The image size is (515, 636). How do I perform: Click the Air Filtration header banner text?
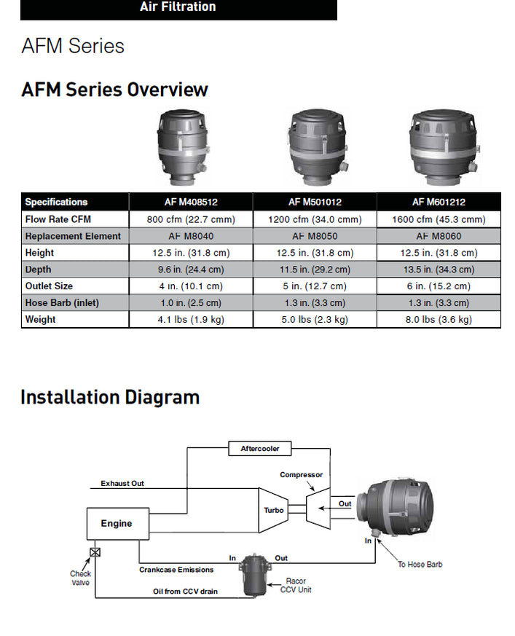click(x=178, y=7)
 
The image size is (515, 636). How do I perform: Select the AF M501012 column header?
click(x=315, y=202)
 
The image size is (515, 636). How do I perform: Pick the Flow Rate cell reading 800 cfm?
click(x=191, y=219)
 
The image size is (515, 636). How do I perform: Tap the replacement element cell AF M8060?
click(x=439, y=236)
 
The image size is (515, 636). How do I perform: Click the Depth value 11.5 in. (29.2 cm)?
click(x=315, y=270)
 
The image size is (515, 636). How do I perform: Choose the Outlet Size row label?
click(x=49, y=286)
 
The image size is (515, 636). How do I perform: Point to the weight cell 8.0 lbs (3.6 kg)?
click(x=439, y=319)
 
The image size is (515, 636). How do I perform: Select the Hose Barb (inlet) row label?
click(x=62, y=302)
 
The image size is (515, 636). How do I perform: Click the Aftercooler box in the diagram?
click(x=260, y=449)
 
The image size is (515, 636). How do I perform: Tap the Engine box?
click(x=118, y=524)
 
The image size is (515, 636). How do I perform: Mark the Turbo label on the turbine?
click(x=274, y=510)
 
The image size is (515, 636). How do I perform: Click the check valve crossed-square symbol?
click(x=95, y=552)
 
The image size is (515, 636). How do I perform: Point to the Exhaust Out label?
click(x=122, y=484)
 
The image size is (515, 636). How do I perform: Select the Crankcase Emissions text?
click(x=176, y=570)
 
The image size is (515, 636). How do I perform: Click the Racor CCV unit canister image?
click(x=254, y=575)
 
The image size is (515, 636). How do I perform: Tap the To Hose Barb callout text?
click(x=420, y=564)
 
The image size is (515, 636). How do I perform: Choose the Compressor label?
click(x=302, y=474)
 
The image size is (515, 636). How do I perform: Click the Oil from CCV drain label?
click(x=185, y=592)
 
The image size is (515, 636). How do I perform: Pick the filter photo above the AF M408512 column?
click(x=184, y=147)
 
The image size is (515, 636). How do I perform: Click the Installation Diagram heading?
click(x=110, y=397)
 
